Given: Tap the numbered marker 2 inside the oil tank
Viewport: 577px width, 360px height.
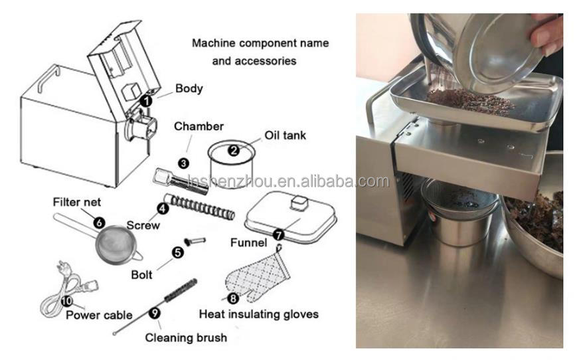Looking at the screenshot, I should click(234, 150).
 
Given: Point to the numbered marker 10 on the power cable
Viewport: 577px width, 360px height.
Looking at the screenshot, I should click(66, 300).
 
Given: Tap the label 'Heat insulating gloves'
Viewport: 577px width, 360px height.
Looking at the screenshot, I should click(259, 314).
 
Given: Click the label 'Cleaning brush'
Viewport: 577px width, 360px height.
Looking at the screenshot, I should click(186, 337).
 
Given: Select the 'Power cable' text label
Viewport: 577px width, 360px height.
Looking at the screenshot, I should click(99, 315).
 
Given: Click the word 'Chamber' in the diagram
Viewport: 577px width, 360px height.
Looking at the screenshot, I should click(199, 126).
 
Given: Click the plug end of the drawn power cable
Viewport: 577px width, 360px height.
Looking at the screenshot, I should click(62, 272).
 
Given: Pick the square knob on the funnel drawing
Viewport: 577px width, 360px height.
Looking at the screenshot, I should click(297, 201).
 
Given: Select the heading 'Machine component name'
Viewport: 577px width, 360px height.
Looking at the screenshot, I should click(260, 43).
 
